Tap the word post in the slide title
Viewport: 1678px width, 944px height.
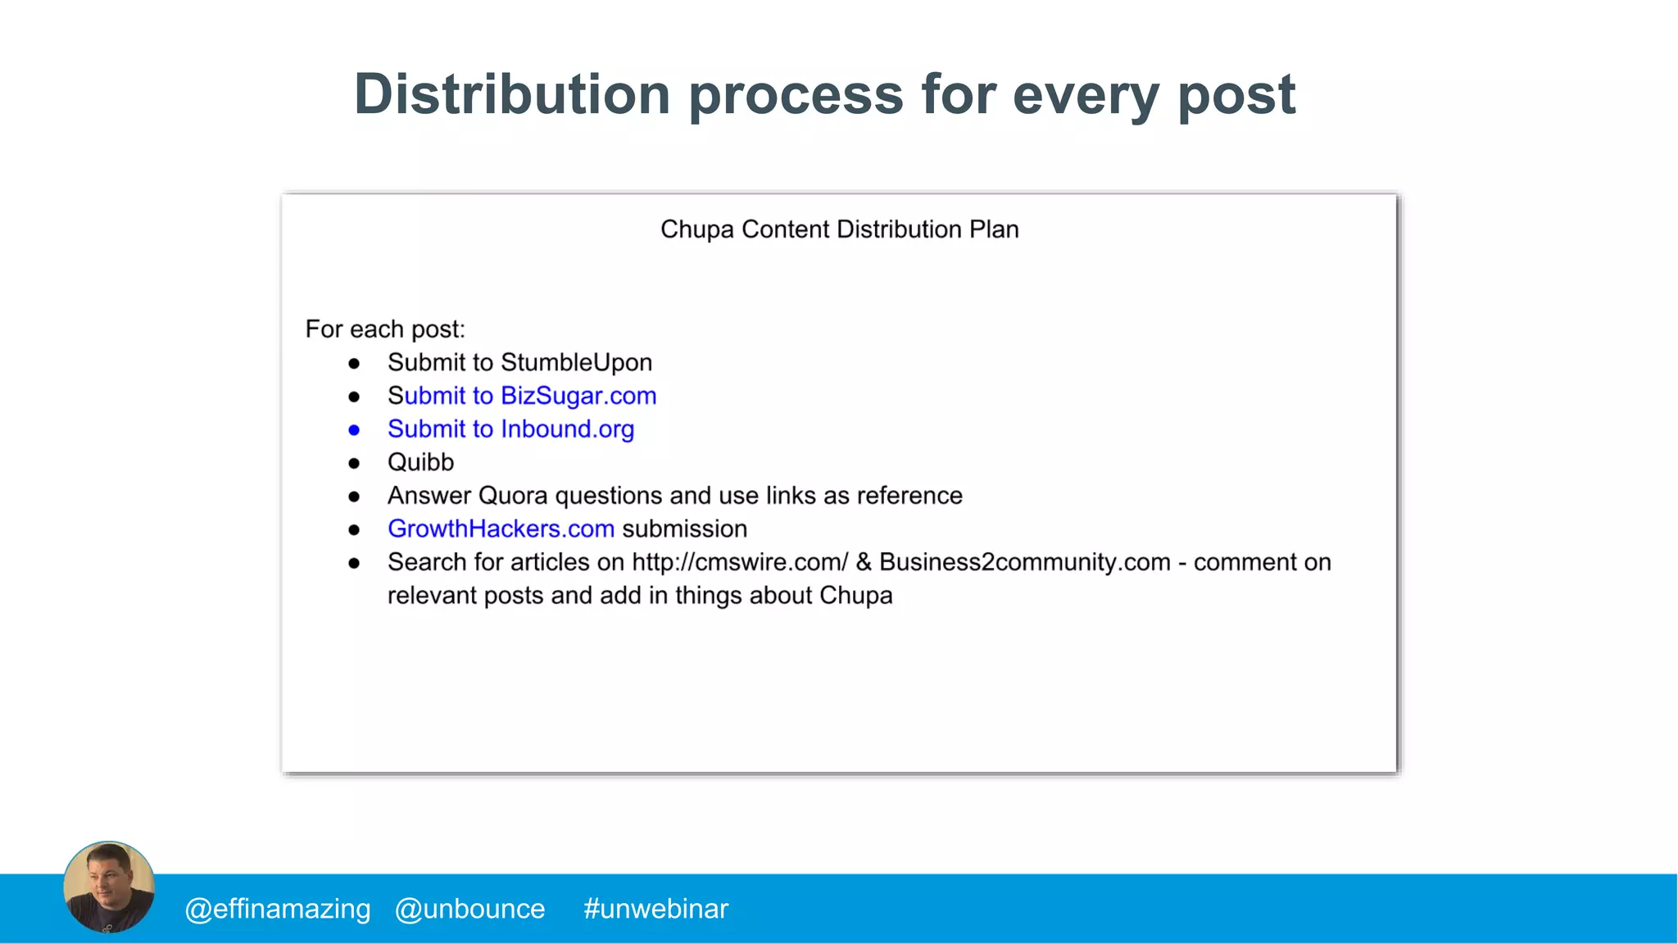pos(1236,97)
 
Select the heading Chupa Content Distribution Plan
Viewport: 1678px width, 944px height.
pos(839,229)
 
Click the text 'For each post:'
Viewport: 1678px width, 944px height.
pos(385,329)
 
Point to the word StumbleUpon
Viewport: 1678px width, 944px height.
pos(576,362)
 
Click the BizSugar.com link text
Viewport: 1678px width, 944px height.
pos(578,396)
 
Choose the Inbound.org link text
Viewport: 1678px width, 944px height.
pos(567,429)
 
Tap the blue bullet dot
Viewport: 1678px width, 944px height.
pos(354,430)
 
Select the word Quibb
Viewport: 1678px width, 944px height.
pos(420,462)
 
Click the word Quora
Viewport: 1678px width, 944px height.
pos(513,496)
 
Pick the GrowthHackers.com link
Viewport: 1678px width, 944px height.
pos(501,529)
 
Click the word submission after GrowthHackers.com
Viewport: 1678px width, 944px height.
pos(684,529)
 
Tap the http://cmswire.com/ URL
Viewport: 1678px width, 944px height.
pos(740,562)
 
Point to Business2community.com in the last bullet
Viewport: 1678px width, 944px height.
pos(1024,562)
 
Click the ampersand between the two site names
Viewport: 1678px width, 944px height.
pos(864,562)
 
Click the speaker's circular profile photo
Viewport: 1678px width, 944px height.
pos(109,887)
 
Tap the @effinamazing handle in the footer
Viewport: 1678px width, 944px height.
pos(278,909)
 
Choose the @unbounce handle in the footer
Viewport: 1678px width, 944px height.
pos(469,909)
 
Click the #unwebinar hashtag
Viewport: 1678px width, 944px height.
pos(655,909)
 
